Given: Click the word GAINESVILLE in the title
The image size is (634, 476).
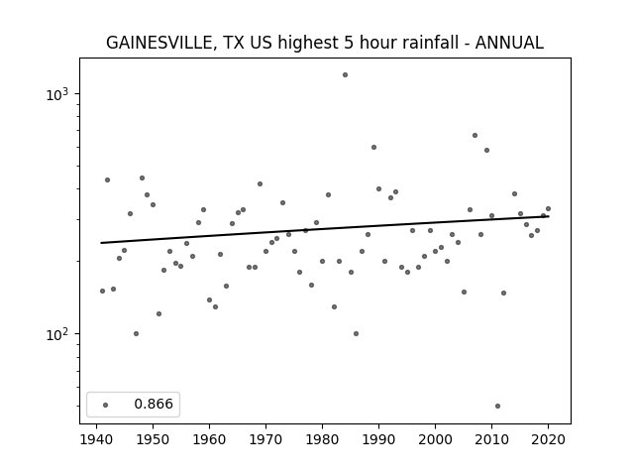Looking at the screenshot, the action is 159,43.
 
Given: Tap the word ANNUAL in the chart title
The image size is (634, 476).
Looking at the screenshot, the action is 509,43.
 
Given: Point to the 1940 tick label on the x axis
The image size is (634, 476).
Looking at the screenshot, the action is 96,439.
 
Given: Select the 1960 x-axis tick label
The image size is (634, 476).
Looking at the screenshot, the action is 209,439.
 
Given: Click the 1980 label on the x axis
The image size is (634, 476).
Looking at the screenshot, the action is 322,439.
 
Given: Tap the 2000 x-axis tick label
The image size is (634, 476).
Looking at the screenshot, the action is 435,439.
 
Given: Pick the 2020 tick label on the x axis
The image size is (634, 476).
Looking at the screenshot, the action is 548,439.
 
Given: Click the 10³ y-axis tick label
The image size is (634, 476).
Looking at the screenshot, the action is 57,94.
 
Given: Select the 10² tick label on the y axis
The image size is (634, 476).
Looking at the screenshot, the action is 57,334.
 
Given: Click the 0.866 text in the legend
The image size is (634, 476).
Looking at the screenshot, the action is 154,404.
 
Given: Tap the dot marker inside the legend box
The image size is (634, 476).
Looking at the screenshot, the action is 106,405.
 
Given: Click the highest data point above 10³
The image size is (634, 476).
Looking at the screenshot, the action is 345,75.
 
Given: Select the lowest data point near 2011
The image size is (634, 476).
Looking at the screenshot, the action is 497,406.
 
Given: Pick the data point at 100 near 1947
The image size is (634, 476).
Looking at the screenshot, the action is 137,333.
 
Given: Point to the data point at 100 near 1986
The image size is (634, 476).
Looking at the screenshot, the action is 357,333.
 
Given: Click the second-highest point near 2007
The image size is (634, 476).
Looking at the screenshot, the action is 475,135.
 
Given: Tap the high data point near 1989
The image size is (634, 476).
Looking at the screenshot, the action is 374,148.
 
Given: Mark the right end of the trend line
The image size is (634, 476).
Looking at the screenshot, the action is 548,216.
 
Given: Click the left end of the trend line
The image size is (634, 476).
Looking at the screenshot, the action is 101,243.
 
